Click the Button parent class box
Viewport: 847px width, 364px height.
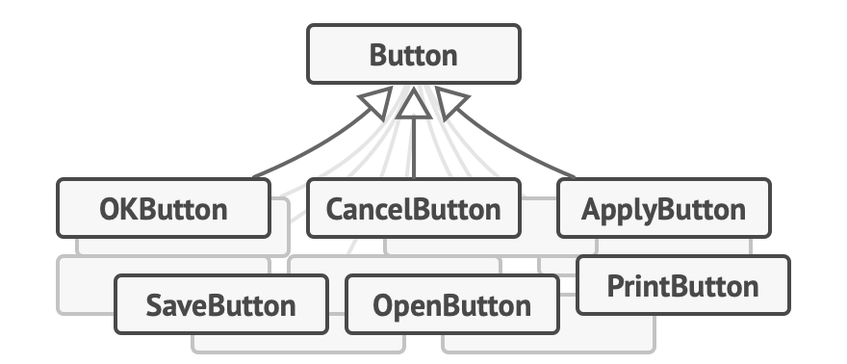point(413,55)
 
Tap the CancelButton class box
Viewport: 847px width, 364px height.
point(413,208)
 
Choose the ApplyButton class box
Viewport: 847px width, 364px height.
point(663,208)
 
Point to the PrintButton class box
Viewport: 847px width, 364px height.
point(682,285)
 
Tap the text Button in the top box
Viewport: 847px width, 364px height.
point(413,55)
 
